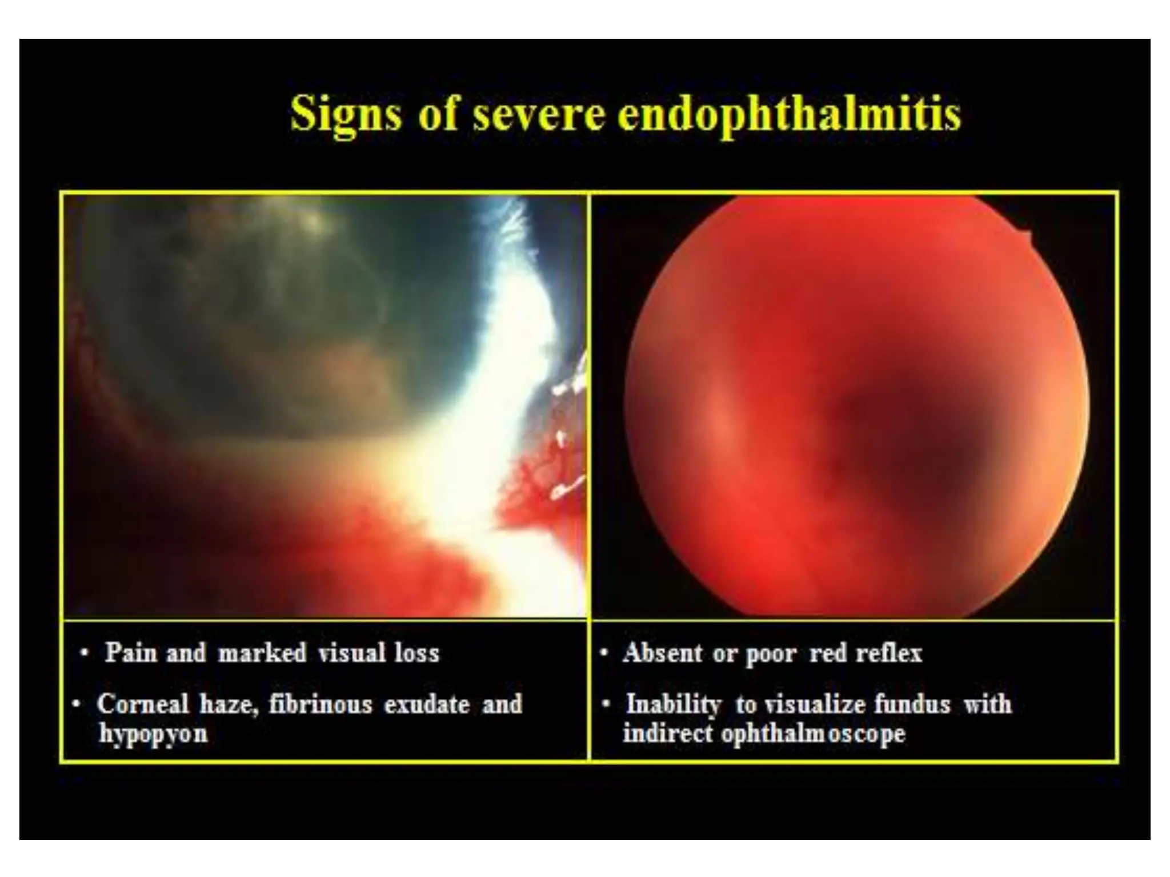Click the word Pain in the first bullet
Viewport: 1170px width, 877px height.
pos(130,653)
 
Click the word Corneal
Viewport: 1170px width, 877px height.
pos(142,704)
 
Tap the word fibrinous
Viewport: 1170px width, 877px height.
pos(320,704)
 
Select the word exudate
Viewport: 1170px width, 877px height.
pos(427,704)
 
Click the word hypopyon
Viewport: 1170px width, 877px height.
pos(153,734)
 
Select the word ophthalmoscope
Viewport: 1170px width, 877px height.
pos(813,734)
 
